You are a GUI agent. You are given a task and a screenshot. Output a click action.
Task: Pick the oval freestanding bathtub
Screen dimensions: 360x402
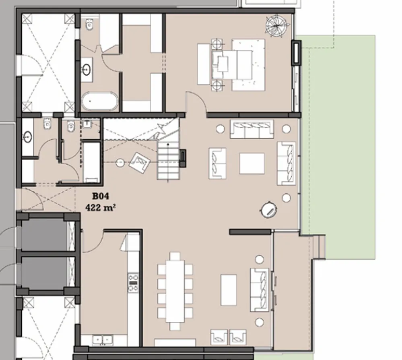(x=99, y=101)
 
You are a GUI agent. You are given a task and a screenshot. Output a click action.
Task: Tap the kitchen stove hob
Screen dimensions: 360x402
(x=133, y=282)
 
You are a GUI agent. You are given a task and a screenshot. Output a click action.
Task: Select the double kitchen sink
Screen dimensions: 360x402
(x=102, y=340)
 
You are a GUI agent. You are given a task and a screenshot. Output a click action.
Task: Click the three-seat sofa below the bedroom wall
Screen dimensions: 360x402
(x=252, y=129)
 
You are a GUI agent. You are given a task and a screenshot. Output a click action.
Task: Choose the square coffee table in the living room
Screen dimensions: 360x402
(x=252, y=163)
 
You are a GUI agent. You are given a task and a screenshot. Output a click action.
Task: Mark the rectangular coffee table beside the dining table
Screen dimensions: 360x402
(x=228, y=290)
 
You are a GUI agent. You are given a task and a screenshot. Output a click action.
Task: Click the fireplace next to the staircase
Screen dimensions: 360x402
(x=183, y=158)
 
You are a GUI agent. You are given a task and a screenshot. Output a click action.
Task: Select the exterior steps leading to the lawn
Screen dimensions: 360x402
(x=319, y=246)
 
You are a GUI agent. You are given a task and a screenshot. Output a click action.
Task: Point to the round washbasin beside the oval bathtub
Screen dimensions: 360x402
(x=87, y=70)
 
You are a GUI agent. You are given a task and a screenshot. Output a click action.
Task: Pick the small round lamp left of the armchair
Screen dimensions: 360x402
(x=120, y=163)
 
